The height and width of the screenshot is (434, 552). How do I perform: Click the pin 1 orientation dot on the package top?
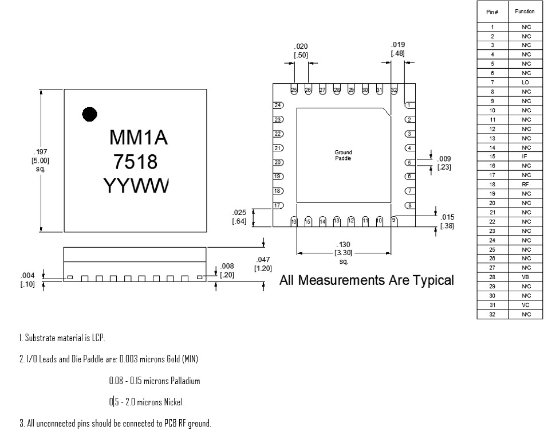pyautogui.click(x=89, y=114)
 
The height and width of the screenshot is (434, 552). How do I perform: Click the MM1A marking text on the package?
pyautogui.click(x=139, y=137)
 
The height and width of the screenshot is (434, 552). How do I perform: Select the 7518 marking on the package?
pyautogui.click(x=135, y=162)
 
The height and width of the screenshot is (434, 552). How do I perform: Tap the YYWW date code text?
pyautogui.click(x=136, y=185)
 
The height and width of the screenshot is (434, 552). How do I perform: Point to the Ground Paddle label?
pyautogui.click(x=343, y=155)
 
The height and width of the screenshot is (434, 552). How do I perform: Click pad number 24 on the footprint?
pyautogui.click(x=278, y=105)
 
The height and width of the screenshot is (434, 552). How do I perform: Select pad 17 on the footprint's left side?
pyautogui.click(x=278, y=206)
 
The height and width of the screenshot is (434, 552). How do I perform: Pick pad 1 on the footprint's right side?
pyautogui.click(x=410, y=105)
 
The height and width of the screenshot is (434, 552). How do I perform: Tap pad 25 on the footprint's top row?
pyautogui.click(x=294, y=89)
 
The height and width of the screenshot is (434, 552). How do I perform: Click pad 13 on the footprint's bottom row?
pyautogui.click(x=337, y=221)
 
